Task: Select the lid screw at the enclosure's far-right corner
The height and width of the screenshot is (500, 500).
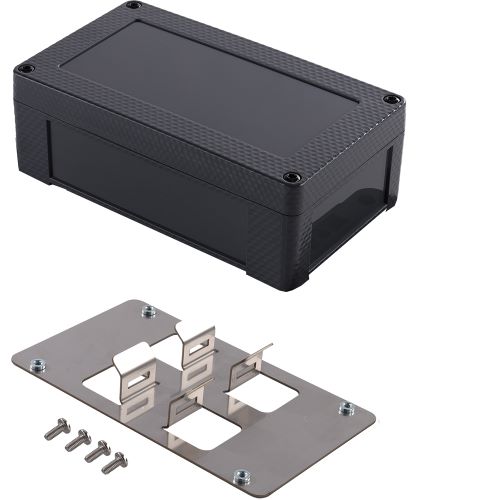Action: click(392, 99)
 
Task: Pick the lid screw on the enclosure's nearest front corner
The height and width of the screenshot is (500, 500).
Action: click(291, 178)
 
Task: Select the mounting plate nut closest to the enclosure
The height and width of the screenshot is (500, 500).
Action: click(149, 310)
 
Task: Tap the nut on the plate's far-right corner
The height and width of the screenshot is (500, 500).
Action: click(346, 408)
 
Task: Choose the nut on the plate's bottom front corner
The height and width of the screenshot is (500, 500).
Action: click(239, 477)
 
